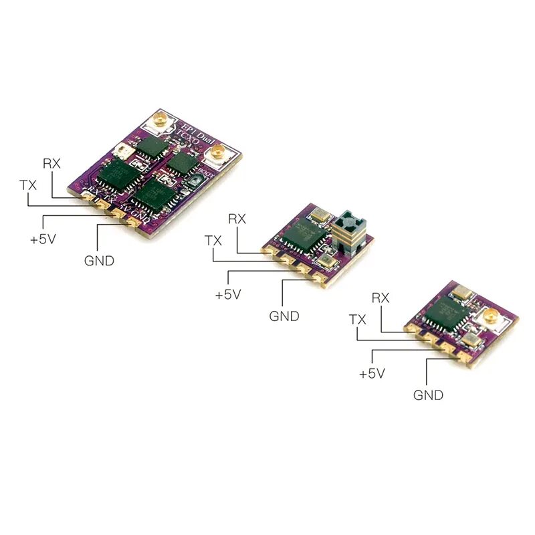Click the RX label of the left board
click(52, 163)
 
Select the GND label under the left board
click(99, 261)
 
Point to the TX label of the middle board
click(213, 240)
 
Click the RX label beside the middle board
click(237, 218)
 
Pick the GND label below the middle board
click(284, 316)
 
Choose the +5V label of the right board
click(372, 374)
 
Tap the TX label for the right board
click(358, 320)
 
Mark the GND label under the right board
click(428, 395)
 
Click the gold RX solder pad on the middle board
click(269, 251)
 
